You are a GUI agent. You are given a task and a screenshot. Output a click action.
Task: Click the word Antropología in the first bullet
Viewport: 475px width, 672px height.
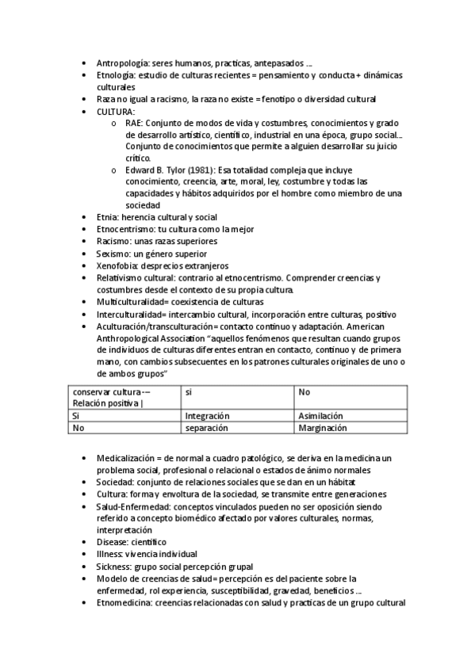[120, 63]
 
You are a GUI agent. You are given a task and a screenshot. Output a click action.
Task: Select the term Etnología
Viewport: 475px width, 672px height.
[116, 74]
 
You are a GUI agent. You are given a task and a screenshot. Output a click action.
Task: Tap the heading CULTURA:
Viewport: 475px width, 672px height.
[116, 112]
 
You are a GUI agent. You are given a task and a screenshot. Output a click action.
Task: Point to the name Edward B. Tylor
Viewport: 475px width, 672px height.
[156, 170]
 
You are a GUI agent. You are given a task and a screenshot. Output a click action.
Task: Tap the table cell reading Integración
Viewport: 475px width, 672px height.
[207, 415]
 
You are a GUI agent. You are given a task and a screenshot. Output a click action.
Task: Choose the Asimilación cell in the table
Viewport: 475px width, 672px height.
[320, 415]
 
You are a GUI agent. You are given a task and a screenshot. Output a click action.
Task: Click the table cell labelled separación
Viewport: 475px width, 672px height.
[206, 427]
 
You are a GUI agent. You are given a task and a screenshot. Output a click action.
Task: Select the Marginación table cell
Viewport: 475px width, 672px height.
[323, 427]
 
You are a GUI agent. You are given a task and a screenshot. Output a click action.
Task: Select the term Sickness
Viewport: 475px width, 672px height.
[114, 566]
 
